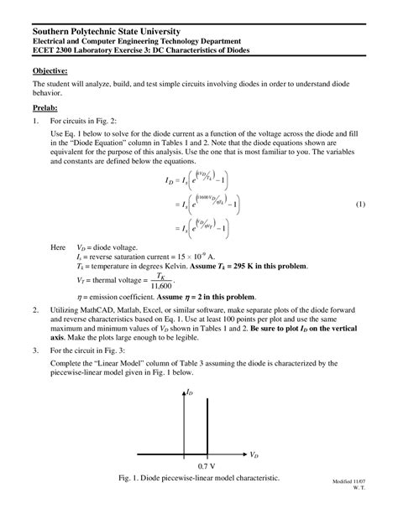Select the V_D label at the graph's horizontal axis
pos(254,454)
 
